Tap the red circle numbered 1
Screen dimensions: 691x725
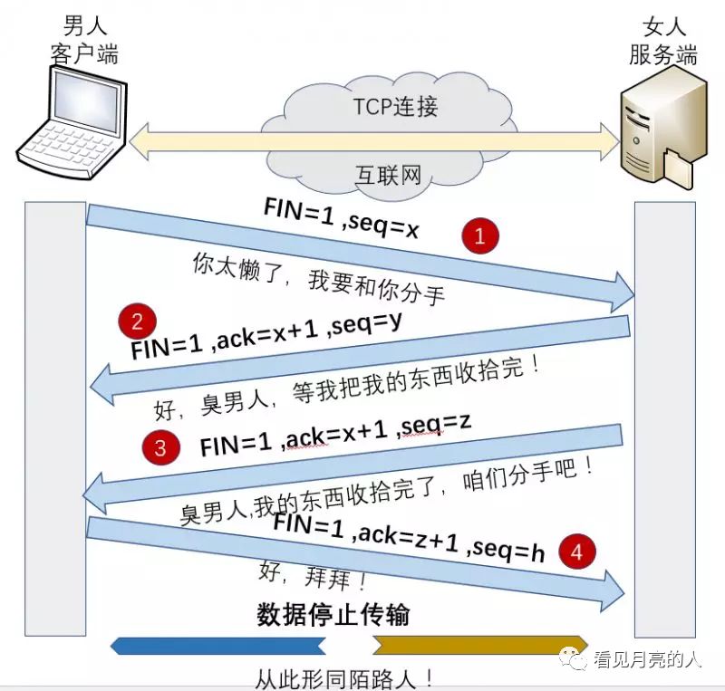click(x=480, y=237)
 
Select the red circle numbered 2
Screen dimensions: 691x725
click(x=137, y=322)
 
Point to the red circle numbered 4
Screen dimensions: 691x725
click(x=577, y=550)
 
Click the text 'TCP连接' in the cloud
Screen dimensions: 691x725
click(x=395, y=107)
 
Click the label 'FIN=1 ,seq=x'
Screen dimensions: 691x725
click(x=341, y=218)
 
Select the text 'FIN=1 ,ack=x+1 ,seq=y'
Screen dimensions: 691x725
click(x=266, y=333)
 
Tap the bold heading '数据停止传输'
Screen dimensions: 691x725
click(x=333, y=615)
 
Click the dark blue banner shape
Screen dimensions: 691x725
click(x=217, y=645)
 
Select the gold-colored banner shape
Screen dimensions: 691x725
click(x=480, y=645)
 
